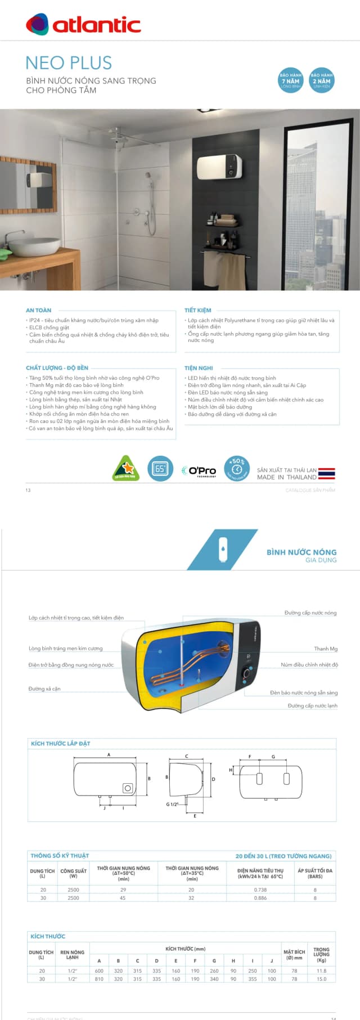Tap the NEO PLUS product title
(69, 62)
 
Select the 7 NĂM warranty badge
(291, 80)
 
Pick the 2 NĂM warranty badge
(321, 80)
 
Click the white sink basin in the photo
(38, 246)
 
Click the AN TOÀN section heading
(38, 310)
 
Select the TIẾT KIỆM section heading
(198, 310)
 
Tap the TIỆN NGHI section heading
(199, 368)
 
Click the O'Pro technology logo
(199, 470)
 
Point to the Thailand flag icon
(326, 473)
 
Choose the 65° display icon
(160, 469)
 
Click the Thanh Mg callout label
(326, 649)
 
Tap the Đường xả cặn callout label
(44, 689)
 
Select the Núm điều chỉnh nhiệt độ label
(309, 664)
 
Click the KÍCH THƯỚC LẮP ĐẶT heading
(60, 743)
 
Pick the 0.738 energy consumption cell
(260, 889)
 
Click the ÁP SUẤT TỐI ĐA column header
(315, 873)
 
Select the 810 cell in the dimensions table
(99, 979)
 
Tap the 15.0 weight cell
(321, 979)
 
